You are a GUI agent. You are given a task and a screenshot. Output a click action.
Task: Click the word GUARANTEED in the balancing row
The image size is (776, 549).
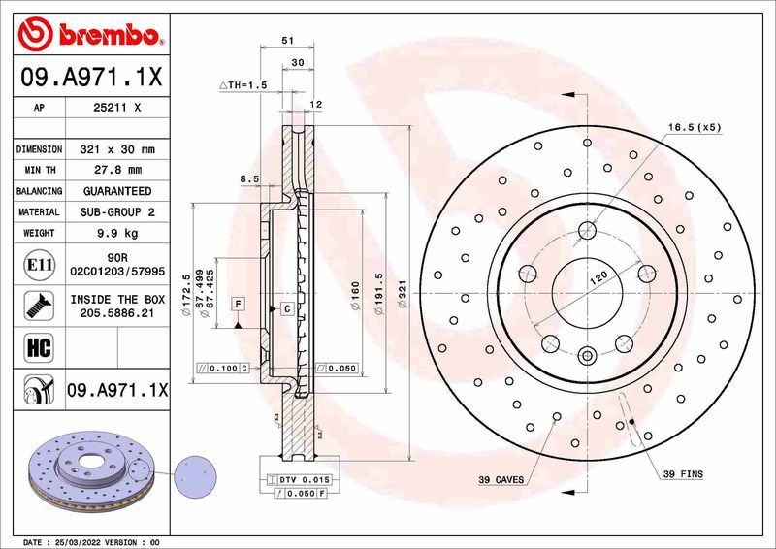[116, 191]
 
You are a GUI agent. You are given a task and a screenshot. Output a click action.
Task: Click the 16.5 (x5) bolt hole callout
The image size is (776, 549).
[695, 127]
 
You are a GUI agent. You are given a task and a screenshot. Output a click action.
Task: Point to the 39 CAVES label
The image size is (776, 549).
[501, 480]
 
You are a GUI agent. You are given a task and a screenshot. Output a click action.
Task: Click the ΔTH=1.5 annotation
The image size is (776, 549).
[242, 86]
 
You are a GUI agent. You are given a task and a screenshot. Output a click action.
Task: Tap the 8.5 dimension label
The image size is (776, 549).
[249, 178]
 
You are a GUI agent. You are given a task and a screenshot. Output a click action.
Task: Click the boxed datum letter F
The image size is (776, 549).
[237, 305]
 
